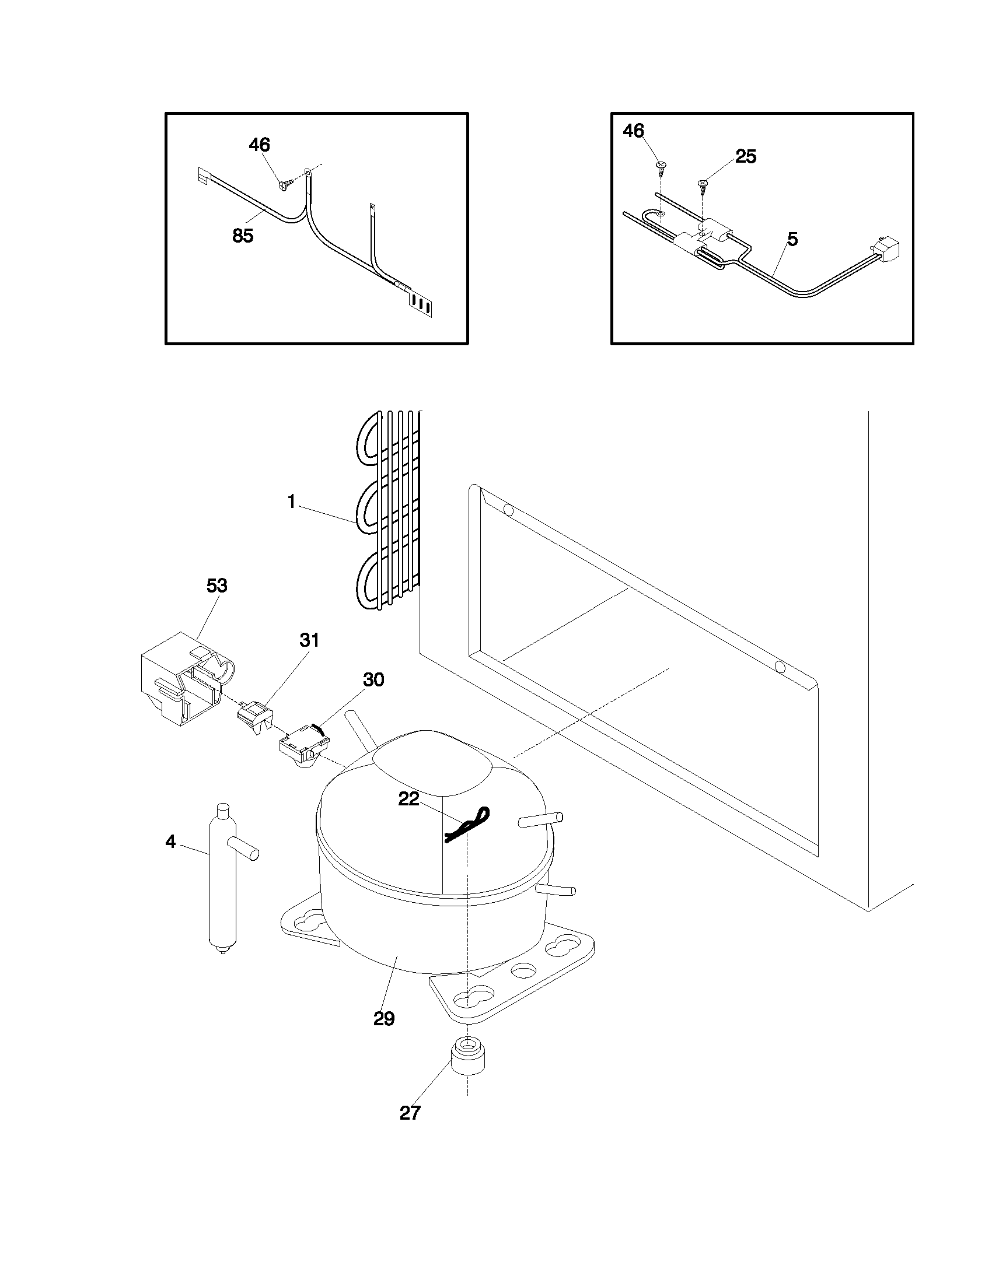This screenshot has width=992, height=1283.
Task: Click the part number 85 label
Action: coord(243,236)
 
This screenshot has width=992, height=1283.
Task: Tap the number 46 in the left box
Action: coord(259,145)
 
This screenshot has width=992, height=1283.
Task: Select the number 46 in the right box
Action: coord(634,131)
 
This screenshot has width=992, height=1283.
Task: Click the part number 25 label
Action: coord(746,157)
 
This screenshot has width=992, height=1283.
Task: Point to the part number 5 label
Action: coord(792,240)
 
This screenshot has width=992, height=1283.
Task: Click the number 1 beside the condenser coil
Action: coord(291,502)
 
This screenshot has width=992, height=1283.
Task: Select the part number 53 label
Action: coord(217,586)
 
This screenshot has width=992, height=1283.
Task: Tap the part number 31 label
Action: coord(309,640)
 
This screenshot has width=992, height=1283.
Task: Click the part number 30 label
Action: coord(373,679)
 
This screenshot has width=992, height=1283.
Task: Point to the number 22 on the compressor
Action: coord(409,799)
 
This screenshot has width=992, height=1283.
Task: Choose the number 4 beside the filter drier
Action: coord(170,842)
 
